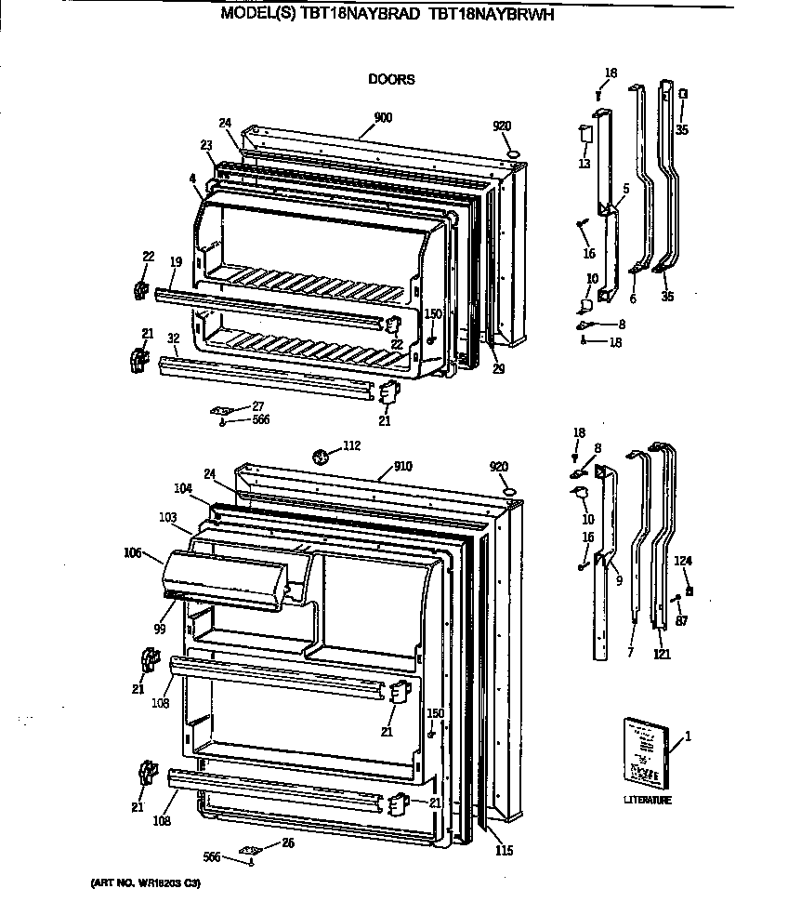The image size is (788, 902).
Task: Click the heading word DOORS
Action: pyautogui.click(x=391, y=80)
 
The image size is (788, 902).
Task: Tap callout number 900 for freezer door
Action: pyautogui.click(x=383, y=117)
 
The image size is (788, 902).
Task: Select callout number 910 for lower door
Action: pyautogui.click(x=402, y=464)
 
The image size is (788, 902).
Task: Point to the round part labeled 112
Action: pyautogui.click(x=322, y=457)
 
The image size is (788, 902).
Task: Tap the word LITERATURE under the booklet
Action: pyautogui.click(x=647, y=800)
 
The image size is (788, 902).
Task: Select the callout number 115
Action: pyautogui.click(x=503, y=850)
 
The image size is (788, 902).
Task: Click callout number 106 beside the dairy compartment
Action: pyautogui.click(x=133, y=553)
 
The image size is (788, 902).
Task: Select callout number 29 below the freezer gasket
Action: pyautogui.click(x=498, y=369)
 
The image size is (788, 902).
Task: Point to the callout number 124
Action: pyautogui.click(x=683, y=560)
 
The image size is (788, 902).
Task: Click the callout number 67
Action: pyautogui.click(x=681, y=621)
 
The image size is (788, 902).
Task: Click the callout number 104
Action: pyautogui.click(x=182, y=488)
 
